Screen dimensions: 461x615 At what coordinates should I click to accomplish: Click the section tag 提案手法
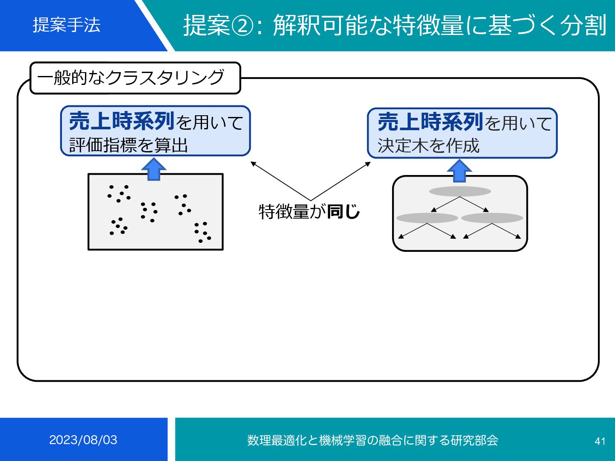[67, 25]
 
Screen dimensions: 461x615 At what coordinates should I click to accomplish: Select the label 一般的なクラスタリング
[131, 78]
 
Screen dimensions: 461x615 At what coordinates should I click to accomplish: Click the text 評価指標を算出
[128, 145]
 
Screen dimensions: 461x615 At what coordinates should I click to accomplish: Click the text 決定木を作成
[428, 146]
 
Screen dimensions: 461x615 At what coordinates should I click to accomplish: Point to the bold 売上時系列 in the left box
[122, 121]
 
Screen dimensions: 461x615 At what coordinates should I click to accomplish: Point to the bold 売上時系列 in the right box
[430, 122]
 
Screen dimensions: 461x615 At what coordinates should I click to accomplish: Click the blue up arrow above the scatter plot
[154, 169]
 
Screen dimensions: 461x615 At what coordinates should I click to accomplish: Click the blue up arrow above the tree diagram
[459, 171]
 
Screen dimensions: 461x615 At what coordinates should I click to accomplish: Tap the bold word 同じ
[344, 211]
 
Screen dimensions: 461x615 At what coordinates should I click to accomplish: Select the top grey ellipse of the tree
[460, 191]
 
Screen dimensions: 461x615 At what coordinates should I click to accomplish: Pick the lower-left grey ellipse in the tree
[427, 218]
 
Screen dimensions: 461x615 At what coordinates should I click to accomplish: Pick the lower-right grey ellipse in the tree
[492, 218]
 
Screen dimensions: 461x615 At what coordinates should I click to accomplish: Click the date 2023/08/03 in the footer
[83, 440]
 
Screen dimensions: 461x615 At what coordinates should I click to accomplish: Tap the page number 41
[600, 441]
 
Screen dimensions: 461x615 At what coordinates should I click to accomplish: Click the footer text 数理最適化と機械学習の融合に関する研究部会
[372, 440]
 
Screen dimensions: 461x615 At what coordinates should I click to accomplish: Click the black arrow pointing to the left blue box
[280, 181]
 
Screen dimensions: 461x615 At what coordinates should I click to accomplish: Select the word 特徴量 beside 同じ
[284, 211]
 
